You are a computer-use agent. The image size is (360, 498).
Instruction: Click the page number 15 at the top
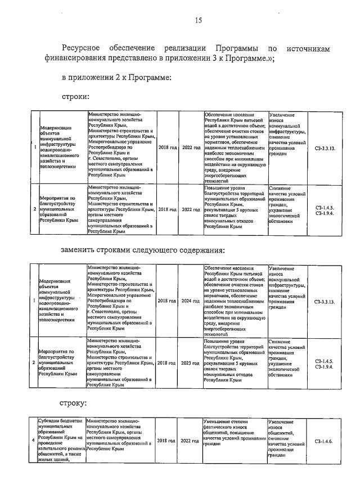tap(198, 21)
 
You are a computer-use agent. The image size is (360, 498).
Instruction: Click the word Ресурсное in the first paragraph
tap(82, 50)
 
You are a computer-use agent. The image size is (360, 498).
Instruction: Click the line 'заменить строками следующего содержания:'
tap(143, 250)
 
